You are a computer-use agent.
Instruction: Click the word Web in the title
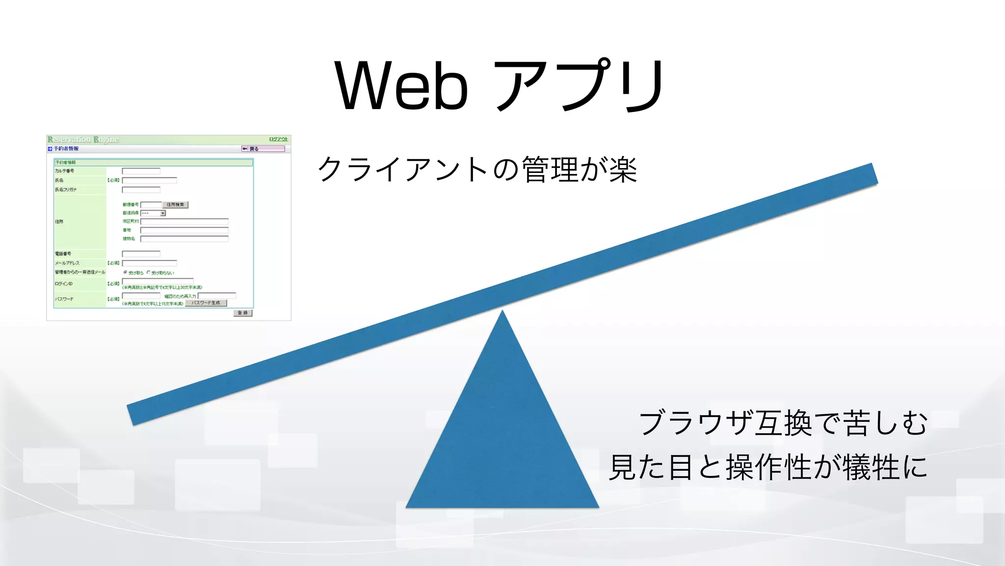(x=401, y=86)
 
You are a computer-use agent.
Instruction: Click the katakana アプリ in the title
(x=579, y=86)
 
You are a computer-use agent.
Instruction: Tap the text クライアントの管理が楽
(x=477, y=170)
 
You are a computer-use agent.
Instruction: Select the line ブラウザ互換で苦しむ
(x=783, y=423)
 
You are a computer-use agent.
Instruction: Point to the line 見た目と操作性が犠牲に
(x=768, y=467)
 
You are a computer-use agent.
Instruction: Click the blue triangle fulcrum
(x=502, y=432)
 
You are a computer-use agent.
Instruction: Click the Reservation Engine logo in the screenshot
(x=83, y=140)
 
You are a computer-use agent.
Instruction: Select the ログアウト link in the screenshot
(x=278, y=139)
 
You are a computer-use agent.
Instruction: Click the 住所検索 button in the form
(x=175, y=204)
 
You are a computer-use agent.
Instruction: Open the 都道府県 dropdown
(x=153, y=213)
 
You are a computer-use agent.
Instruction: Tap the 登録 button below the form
(x=243, y=313)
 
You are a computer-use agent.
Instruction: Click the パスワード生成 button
(x=206, y=303)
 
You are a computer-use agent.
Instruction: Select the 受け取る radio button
(x=125, y=272)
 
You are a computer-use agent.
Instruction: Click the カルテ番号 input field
(x=141, y=171)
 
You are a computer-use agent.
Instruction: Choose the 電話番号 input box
(x=141, y=254)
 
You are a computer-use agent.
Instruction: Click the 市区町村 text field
(x=184, y=222)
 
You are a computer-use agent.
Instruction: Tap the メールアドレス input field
(x=149, y=263)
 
